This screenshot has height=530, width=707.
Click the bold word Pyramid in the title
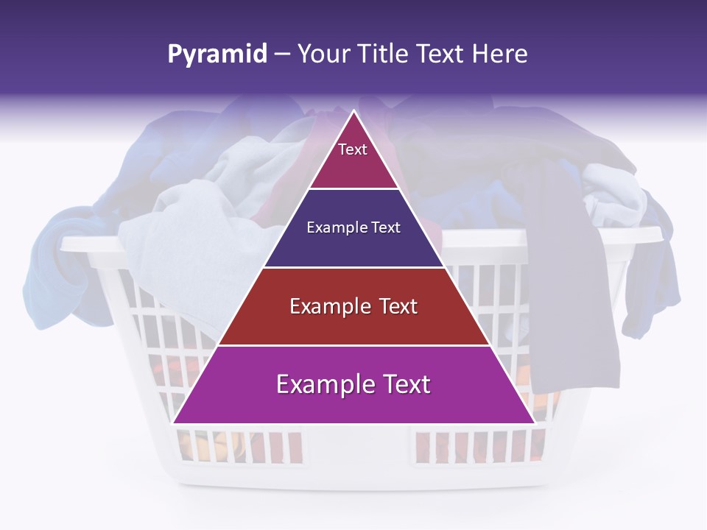pos(217,54)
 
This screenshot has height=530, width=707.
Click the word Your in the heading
pos(326,54)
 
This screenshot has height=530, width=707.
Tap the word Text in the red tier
pos(398,306)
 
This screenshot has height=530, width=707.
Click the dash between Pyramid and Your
pos(282,54)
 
